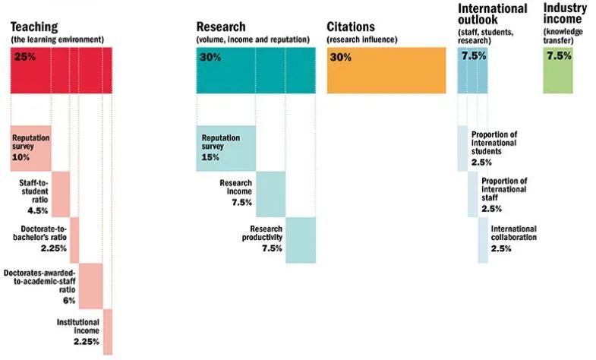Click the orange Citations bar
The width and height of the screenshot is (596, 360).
(386, 71)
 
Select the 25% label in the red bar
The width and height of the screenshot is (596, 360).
(25, 57)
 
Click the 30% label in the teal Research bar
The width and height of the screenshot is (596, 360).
(210, 57)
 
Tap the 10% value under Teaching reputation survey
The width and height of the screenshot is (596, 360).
(20, 157)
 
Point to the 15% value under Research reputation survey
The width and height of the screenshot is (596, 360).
(210, 157)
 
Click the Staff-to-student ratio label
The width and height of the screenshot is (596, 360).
(33, 192)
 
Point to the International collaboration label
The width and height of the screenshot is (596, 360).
(513, 233)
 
